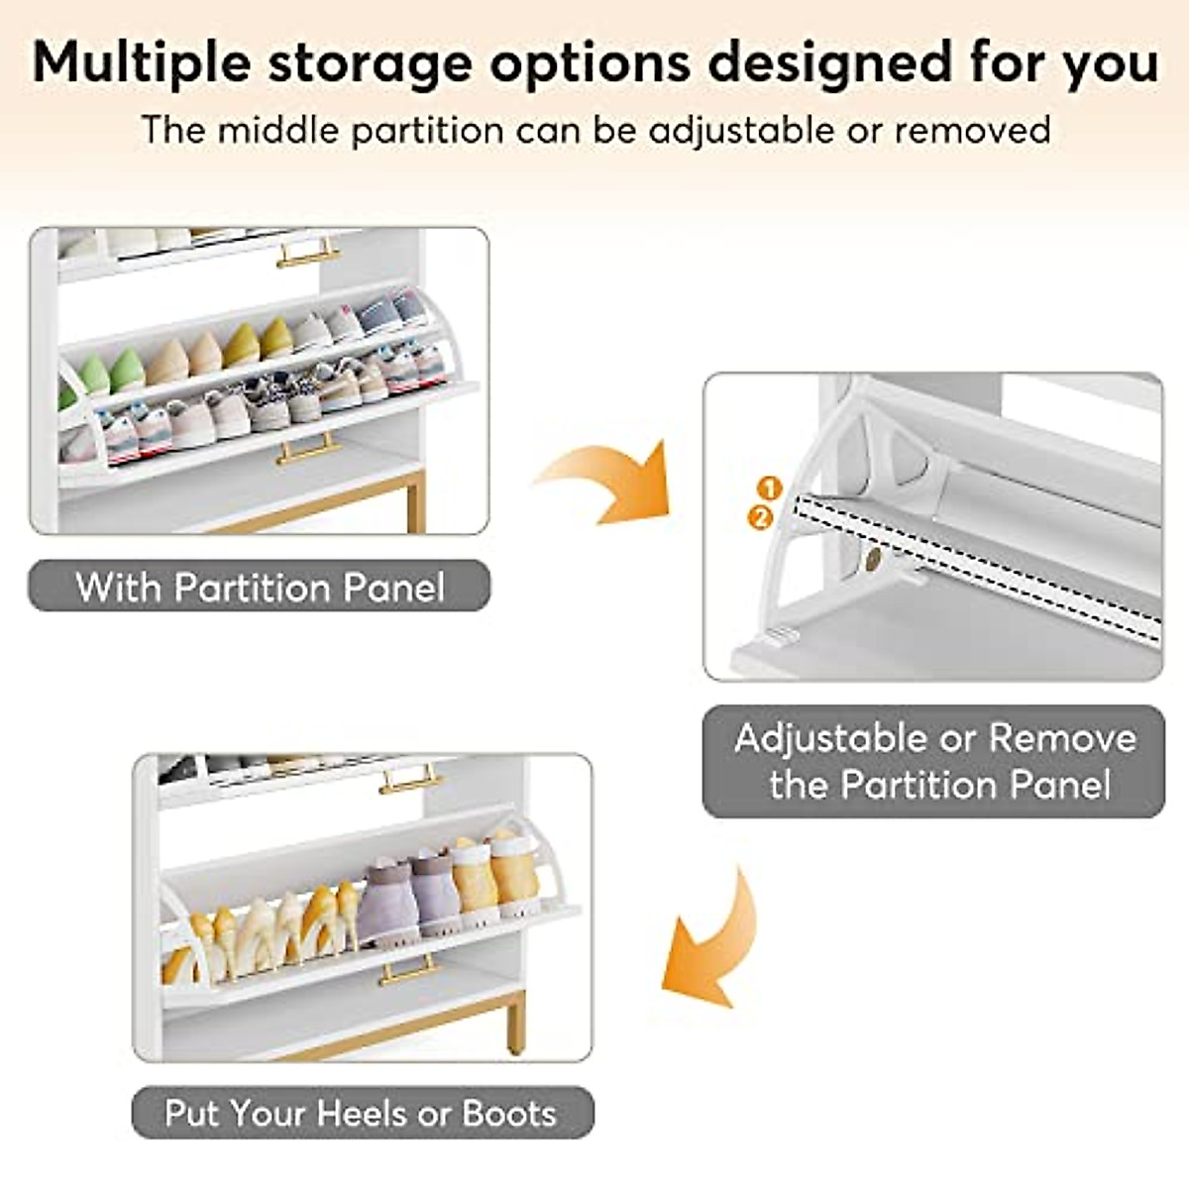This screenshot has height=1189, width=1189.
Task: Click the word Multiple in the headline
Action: [x=140, y=62]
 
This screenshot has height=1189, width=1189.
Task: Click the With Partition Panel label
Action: [x=260, y=587]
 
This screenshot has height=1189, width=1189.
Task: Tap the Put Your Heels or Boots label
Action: [x=362, y=1113]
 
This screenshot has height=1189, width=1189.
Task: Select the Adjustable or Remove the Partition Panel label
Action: [x=933, y=761]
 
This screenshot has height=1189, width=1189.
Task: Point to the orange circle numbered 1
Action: [x=770, y=487]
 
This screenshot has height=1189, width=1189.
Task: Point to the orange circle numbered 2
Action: [x=760, y=516]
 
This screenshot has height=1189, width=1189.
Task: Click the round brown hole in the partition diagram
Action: [x=872, y=561]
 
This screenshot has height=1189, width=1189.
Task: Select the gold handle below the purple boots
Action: [x=406, y=970]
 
